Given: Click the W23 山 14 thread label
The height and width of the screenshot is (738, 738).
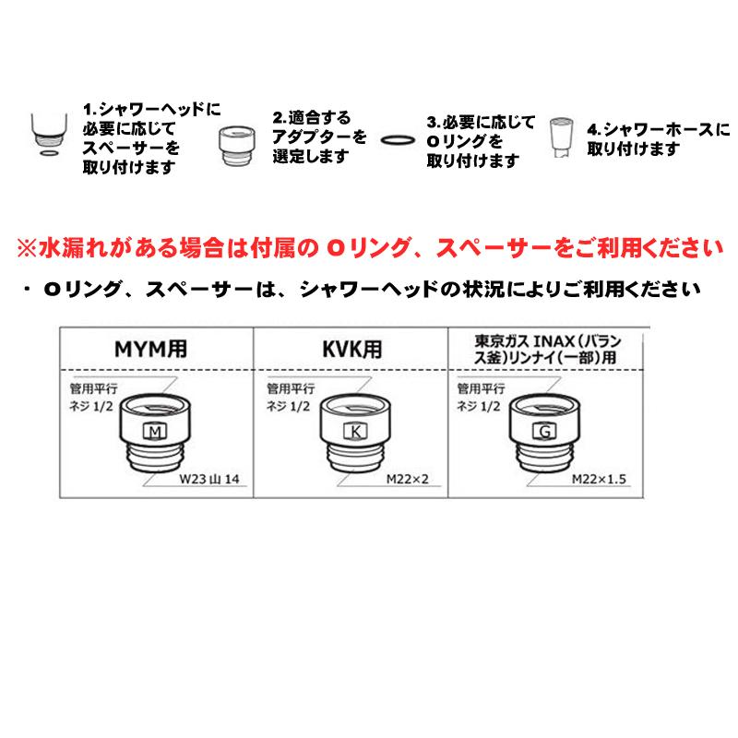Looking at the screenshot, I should (211, 481).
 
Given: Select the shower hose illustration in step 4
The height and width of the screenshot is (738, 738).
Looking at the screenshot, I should (560, 138).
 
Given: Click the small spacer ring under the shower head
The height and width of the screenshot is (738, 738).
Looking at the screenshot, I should (45, 156).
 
